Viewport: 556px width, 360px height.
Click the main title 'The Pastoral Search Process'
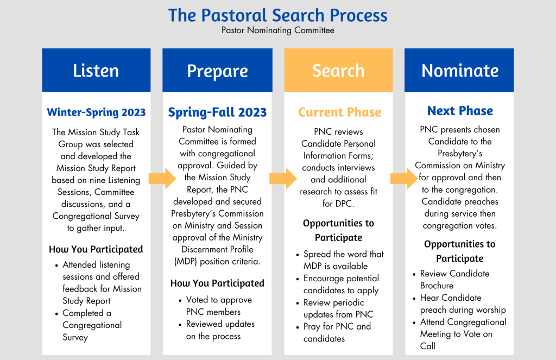(277, 15)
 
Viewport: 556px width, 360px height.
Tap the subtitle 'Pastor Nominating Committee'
(277, 30)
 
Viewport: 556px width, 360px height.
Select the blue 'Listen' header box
(96, 71)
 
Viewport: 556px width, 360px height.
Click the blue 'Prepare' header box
(217, 71)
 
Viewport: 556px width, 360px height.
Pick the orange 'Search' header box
(338, 71)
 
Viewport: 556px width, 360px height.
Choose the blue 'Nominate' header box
(459, 71)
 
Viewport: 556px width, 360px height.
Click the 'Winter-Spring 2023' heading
(96, 112)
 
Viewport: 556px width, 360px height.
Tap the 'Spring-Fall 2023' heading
(217, 112)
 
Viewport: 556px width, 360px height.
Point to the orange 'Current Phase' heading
(339, 112)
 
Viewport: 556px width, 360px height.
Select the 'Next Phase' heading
(460, 111)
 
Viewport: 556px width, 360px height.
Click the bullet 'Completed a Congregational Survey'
(92, 325)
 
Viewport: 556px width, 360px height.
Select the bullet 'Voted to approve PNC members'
(219, 306)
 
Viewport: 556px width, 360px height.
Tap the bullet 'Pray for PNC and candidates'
(337, 332)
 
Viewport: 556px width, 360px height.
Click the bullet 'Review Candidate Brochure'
(454, 279)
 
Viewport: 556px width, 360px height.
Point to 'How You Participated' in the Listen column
(96, 249)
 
